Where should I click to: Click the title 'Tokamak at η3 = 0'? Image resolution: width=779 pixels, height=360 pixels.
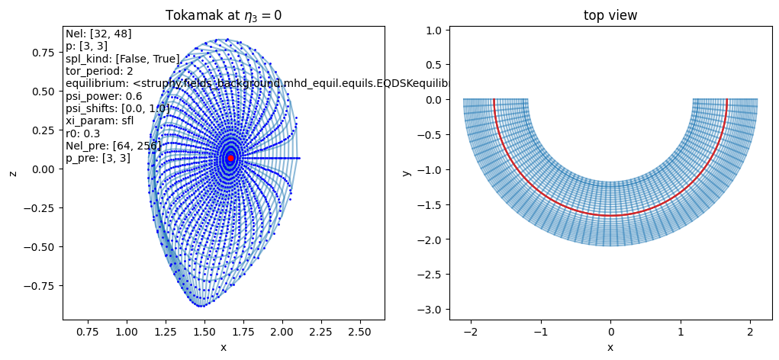click(x=224, y=15)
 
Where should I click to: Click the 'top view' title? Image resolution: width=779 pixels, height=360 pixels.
click(x=610, y=15)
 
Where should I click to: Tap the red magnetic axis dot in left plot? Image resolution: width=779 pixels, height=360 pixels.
click(x=230, y=158)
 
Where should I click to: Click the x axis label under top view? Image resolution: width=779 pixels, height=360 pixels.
click(x=610, y=347)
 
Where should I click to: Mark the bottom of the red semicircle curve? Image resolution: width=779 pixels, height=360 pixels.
click(x=610, y=215)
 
